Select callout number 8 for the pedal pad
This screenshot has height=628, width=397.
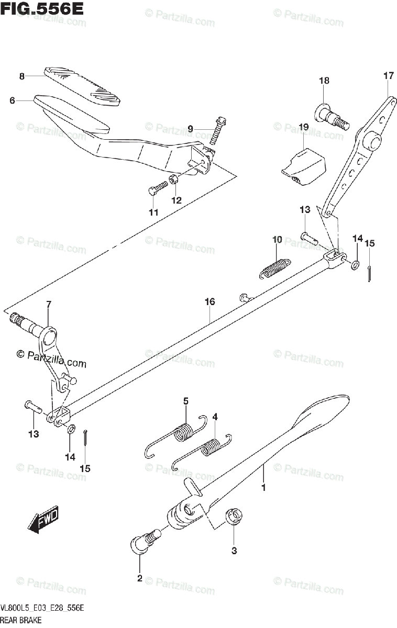22,76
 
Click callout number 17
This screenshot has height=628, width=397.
388,75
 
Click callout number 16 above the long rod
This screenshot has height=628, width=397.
209,302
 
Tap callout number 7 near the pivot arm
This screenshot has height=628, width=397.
48,304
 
